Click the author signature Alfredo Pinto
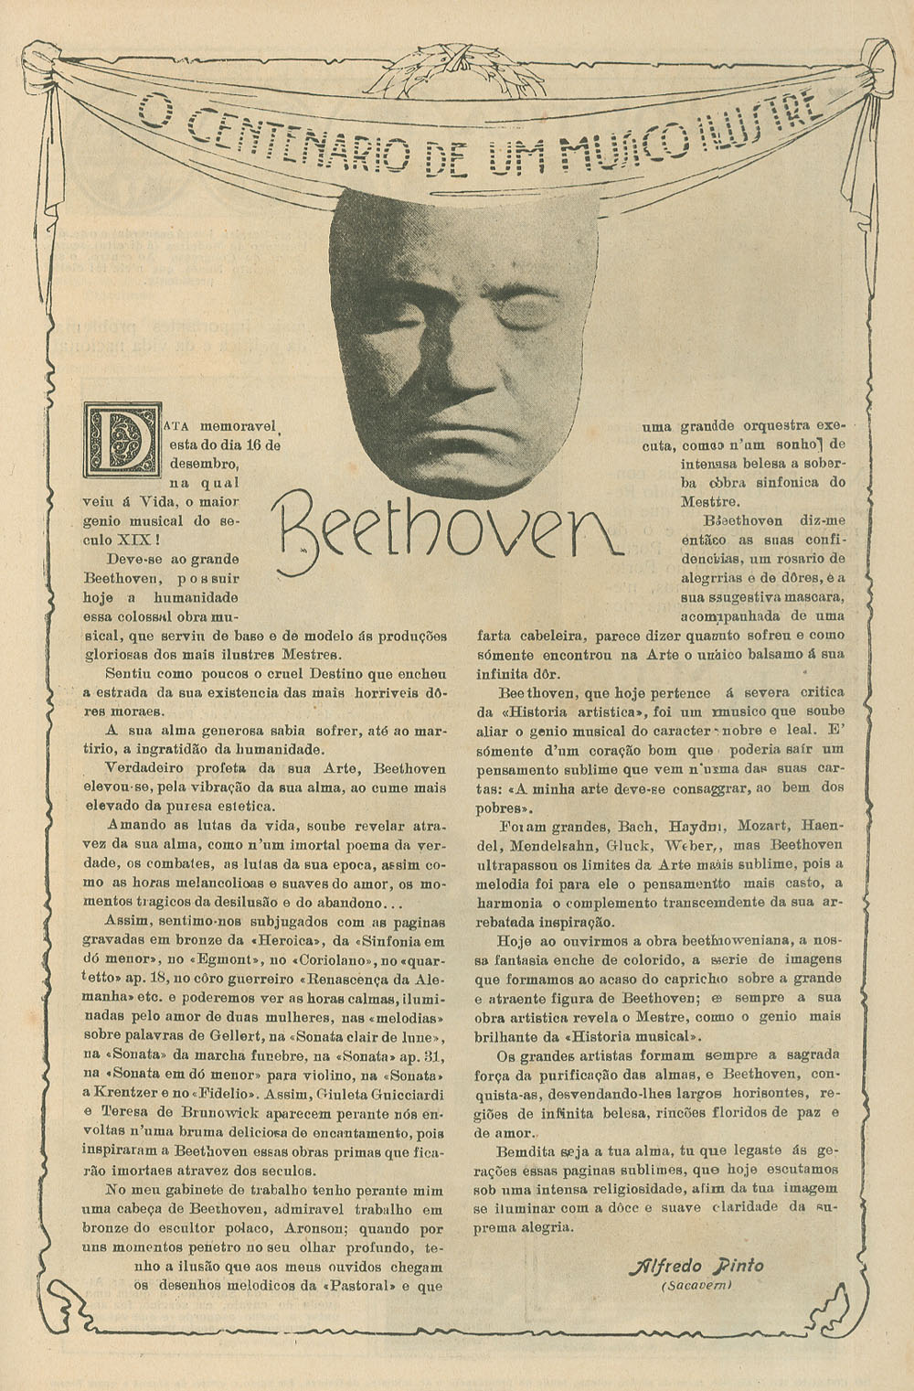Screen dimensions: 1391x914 point(696,1267)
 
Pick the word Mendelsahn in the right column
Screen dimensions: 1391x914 point(554,844)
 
